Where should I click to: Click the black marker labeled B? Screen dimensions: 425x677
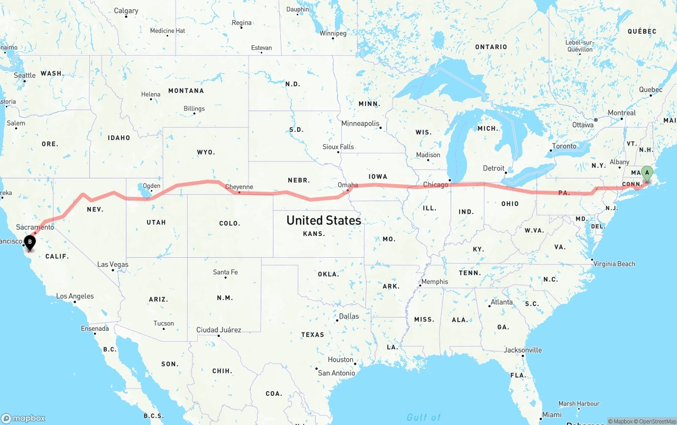tap(30, 242)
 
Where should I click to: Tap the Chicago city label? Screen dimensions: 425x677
tap(436, 185)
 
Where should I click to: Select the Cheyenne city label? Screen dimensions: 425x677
tap(239, 187)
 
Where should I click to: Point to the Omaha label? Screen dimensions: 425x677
tap(347, 185)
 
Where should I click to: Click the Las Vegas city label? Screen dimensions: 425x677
tap(113, 264)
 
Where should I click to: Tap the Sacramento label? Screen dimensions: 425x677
tap(35, 227)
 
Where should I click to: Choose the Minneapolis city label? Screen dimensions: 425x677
tap(360, 123)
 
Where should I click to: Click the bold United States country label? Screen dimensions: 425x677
tap(324, 220)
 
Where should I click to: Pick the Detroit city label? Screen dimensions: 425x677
tap(493, 168)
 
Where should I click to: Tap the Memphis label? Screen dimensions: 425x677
tap(435, 282)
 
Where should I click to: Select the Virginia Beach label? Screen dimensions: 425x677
tap(614, 264)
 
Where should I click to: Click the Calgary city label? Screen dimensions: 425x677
tap(126, 11)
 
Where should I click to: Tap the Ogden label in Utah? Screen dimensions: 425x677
tap(151, 186)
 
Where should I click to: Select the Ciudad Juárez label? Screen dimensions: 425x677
tap(218, 330)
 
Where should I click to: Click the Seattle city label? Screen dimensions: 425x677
tap(24, 75)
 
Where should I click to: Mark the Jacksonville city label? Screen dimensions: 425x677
tap(523, 350)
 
